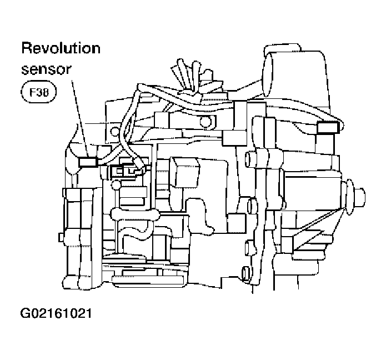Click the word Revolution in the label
(61, 48)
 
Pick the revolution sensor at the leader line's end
(88, 162)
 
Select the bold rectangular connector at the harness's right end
(327, 128)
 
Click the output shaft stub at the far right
(359, 196)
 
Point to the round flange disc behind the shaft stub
(349, 196)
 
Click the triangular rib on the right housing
(303, 236)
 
